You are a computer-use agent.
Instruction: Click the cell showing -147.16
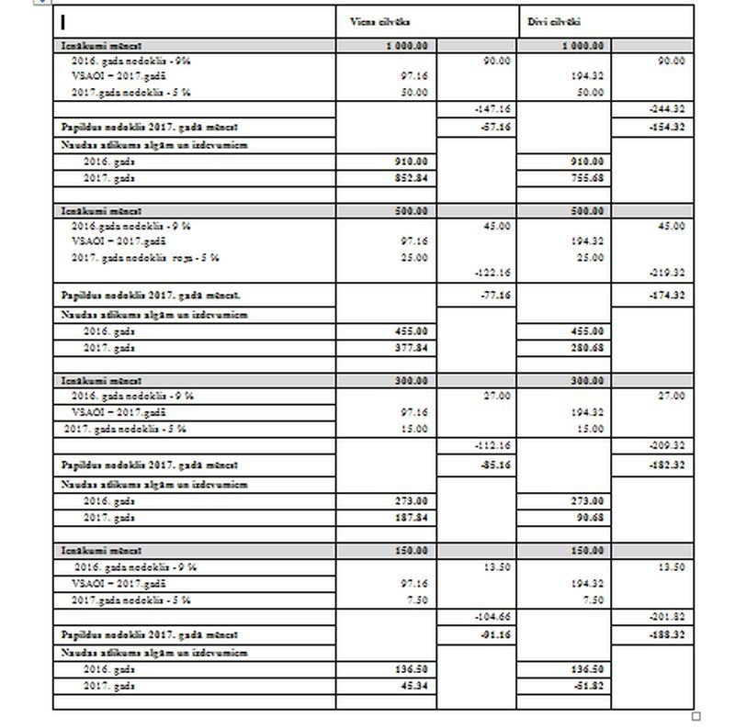coord(493,109)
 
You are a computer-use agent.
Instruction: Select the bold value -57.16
coord(495,127)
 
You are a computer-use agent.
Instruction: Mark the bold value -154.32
coord(667,127)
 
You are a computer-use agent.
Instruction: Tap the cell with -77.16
coord(495,296)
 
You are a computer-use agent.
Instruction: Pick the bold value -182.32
coord(667,465)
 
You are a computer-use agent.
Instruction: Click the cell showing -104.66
coord(493,618)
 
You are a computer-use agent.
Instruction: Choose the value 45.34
coord(413,686)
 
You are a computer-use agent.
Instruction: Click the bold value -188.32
coord(667,634)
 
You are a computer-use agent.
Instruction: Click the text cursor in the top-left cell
coord(62,21)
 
